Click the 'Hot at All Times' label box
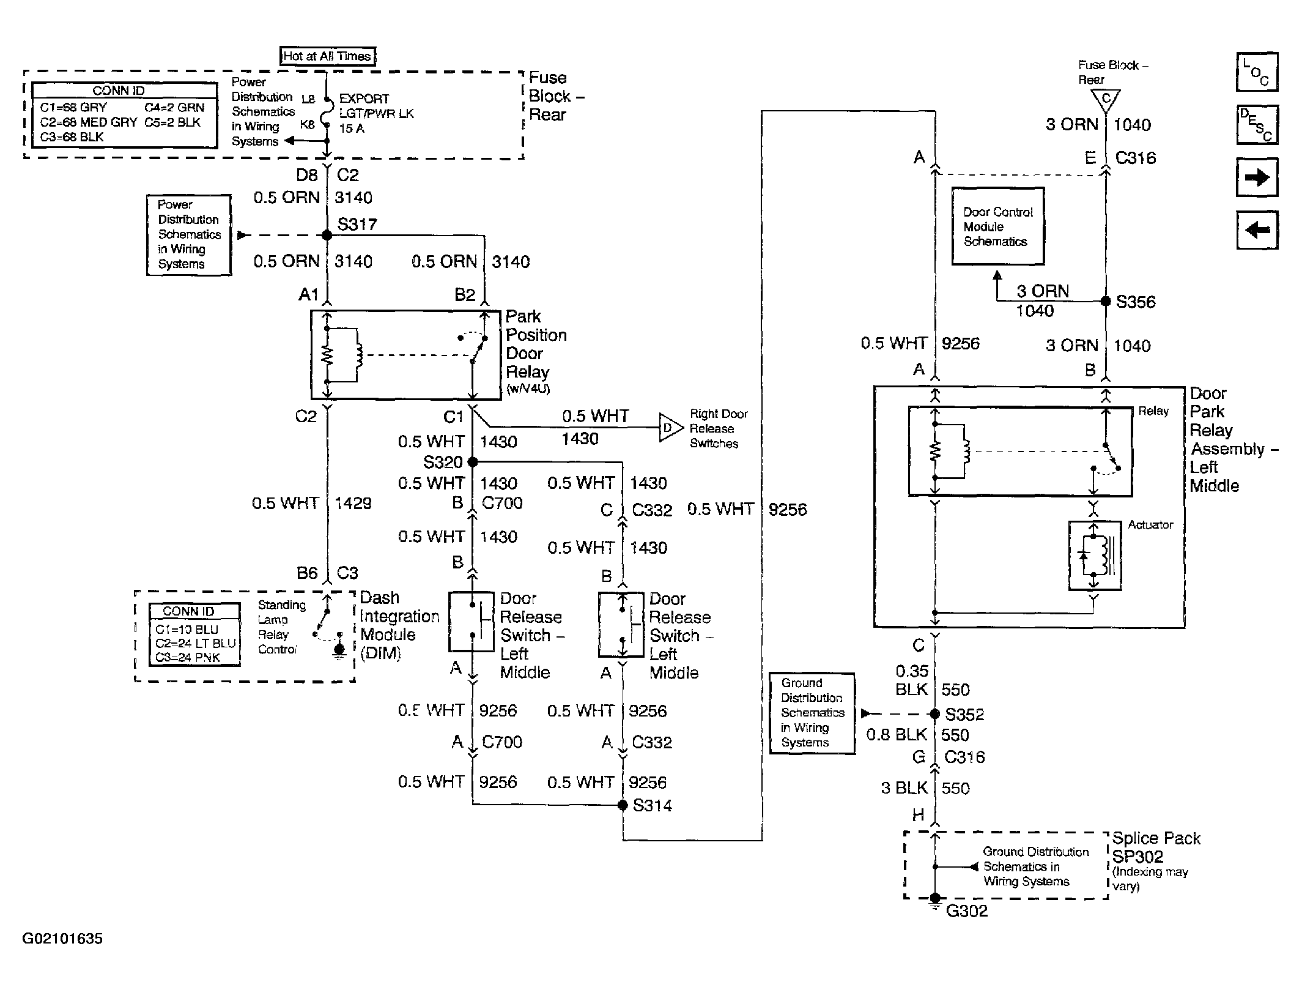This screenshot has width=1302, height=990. click(x=327, y=56)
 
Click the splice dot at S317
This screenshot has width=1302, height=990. click(x=327, y=235)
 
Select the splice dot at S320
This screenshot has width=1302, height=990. click(x=473, y=461)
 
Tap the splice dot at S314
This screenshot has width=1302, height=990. click(x=623, y=805)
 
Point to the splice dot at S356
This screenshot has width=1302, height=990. click(x=1106, y=301)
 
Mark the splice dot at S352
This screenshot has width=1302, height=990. click(x=934, y=713)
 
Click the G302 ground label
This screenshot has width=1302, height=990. click(x=967, y=911)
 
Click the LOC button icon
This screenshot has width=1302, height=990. click(x=1257, y=72)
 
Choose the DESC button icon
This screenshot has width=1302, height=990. click(x=1257, y=125)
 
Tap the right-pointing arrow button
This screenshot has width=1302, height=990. click(x=1257, y=177)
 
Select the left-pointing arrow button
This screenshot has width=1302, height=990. click(x=1257, y=230)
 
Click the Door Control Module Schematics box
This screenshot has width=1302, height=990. click(x=998, y=226)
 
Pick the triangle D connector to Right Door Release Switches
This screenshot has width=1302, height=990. click(x=670, y=428)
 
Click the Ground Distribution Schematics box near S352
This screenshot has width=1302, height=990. click(x=812, y=713)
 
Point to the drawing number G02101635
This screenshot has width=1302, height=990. click(x=62, y=939)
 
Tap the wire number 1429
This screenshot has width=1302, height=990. click(x=353, y=504)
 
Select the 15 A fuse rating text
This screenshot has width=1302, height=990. click(x=352, y=128)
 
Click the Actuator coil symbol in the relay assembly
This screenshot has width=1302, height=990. click(x=1095, y=556)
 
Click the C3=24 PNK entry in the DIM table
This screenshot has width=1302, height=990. click(x=188, y=658)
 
